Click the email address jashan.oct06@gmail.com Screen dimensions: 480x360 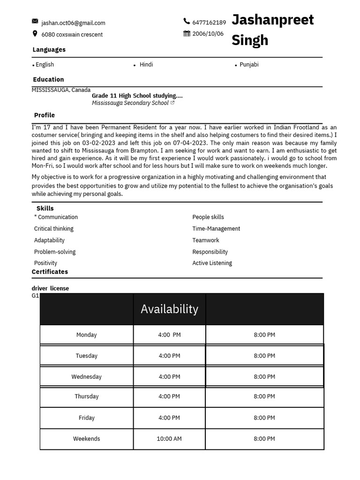pos(73,23)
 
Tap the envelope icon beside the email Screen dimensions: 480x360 pos(35,21)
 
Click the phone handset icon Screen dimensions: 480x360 pos(187,21)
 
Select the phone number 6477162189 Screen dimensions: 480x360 pos(209,22)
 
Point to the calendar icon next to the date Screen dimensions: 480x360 pos(187,33)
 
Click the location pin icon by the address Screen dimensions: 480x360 pos(35,34)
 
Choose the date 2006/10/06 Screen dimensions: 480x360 pos(208,34)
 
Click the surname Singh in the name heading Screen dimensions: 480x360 pos(250,40)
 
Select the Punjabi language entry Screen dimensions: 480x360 pos(249,65)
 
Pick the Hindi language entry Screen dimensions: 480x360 pos(146,65)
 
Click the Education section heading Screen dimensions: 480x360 pos(48,80)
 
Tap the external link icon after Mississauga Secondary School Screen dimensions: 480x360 pos(172,103)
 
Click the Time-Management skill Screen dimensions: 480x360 pos(216,229)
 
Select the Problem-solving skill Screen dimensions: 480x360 pos(55,252)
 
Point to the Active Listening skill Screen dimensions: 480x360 pos(212,263)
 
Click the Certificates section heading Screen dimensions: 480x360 pos(50,272)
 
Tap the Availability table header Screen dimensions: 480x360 pos(169,309)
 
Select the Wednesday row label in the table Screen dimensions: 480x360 pos(86,377)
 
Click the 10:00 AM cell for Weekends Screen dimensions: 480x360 pos(169,439)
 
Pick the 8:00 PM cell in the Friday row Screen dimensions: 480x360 pos(264,418)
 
